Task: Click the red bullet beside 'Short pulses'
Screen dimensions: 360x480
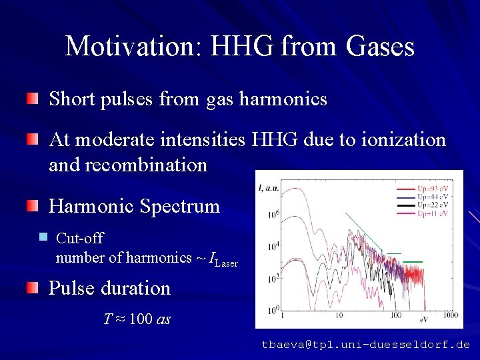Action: pyautogui.click(x=33, y=100)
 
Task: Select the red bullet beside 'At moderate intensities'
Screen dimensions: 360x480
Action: pyautogui.click(x=33, y=140)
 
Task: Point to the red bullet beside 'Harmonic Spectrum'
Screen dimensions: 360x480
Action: pyautogui.click(x=33, y=207)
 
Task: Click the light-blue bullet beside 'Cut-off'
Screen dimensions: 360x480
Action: pyautogui.click(x=43, y=237)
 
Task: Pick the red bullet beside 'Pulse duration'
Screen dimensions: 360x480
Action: pyautogui.click(x=33, y=289)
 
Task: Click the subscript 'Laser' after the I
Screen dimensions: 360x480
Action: pyautogui.click(x=226, y=263)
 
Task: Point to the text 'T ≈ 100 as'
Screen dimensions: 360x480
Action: pyautogui.click(x=137, y=319)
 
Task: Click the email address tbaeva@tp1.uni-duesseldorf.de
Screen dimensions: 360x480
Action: pyautogui.click(x=365, y=345)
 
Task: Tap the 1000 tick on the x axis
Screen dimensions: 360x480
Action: pyautogui.click(x=450, y=314)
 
